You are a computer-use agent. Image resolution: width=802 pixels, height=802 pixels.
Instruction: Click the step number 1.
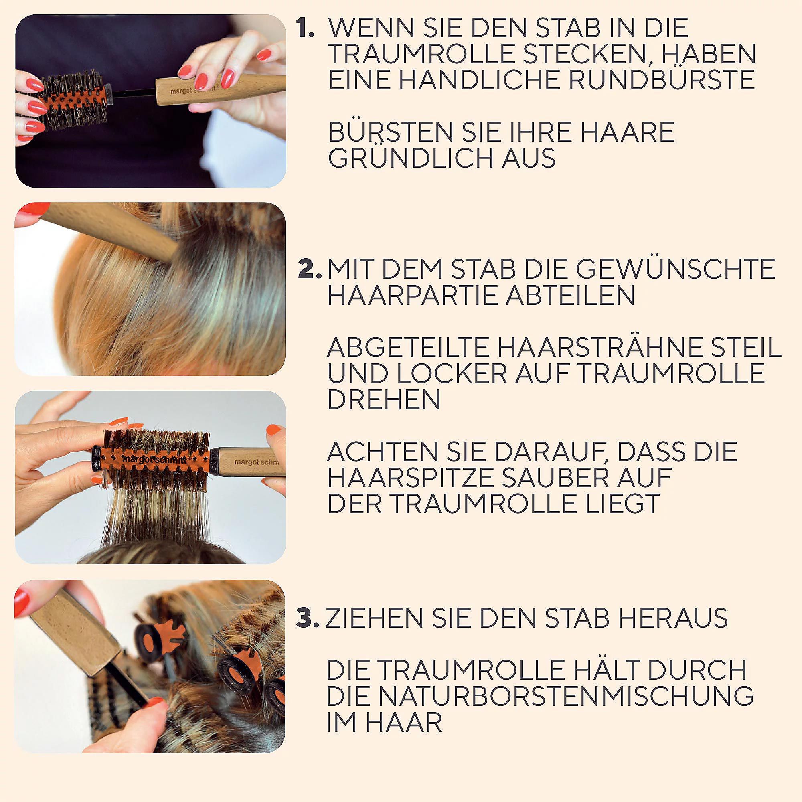coord(305,28)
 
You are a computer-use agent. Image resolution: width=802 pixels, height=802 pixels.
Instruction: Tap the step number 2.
coord(310,269)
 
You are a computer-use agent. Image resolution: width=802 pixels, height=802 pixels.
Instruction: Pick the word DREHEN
coord(384,399)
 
